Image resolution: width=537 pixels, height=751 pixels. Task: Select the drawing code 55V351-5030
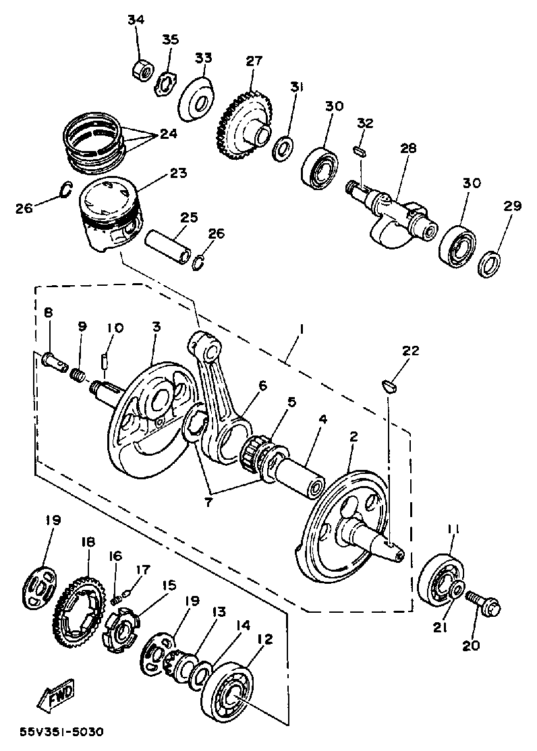(62, 732)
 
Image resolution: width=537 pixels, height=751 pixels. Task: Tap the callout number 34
(136, 20)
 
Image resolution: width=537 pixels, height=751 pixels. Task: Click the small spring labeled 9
(80, 375)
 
